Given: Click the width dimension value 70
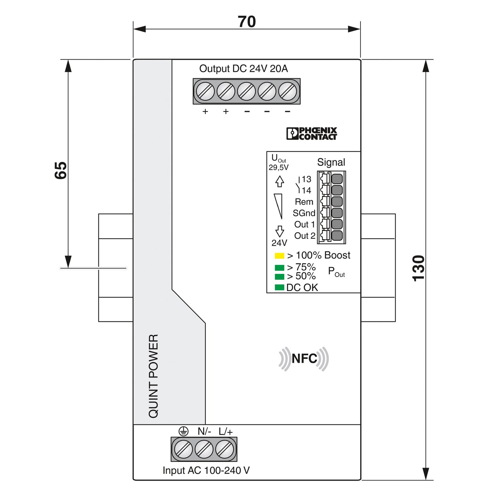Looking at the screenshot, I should [x=247, y=22].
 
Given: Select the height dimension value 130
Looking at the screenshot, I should [x=419, y=268].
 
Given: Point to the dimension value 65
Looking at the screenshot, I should [x=61, y=170].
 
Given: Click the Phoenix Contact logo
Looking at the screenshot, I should [x=311, y=134].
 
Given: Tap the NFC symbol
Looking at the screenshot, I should [x=304, y=359].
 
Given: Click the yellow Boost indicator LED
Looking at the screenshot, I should [x=279, y=256].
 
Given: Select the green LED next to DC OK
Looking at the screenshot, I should [x=279, y=288].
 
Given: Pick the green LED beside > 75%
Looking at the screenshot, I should [x=279, y=268].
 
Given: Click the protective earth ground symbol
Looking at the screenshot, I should [x=183, y=431].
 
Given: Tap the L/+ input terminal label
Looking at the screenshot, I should [x=226, y=432].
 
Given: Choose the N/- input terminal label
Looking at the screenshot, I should [x=204, y=432].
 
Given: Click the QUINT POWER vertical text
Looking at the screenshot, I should [x=154, y=376].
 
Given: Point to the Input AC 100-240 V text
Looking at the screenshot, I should [x=206, y=470].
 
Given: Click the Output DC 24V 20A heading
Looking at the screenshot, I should [x=243, y=68].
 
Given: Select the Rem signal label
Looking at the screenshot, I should [x=304, y=202].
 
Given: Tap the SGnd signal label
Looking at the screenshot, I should [x=304, y=213].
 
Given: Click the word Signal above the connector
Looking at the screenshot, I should [x=331, y=162].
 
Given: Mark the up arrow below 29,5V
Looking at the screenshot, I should [x=280, y=181].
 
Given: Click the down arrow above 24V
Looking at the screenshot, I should [x=280, y=231].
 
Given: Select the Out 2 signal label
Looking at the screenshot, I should [x=305, y=236].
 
